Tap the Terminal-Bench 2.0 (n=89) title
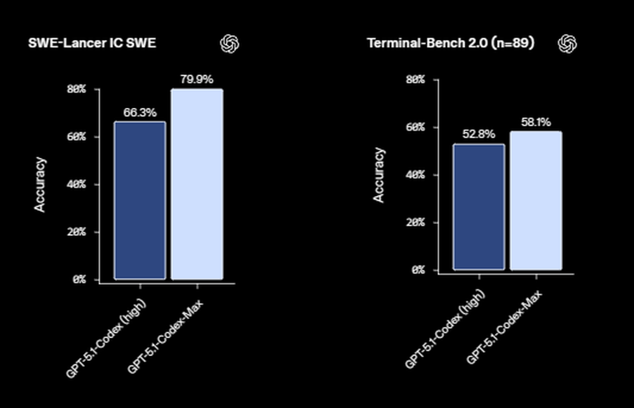click(x=451, y=43)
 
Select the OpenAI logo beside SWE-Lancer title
click(x=230, y=43)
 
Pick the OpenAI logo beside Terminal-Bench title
click(x=567, y=43)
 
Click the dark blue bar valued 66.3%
click(x=139, y=200)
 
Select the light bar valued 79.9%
click(x=197, y=184)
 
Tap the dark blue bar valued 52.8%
click(x=479, y=207)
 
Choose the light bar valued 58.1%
click(x=536, y=201)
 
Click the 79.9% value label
click(x=197, y=80)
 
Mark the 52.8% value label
click(x=479, y=135)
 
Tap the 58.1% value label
click(x=536, y=122)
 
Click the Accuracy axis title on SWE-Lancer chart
click(x=40, y=185)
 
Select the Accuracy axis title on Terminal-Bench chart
click(x=378, y=175)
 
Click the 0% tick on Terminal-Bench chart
click(x=417, y=270)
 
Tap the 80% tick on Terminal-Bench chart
click(x=415, y=80)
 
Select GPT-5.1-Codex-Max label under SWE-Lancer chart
click(x=169, y=333)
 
